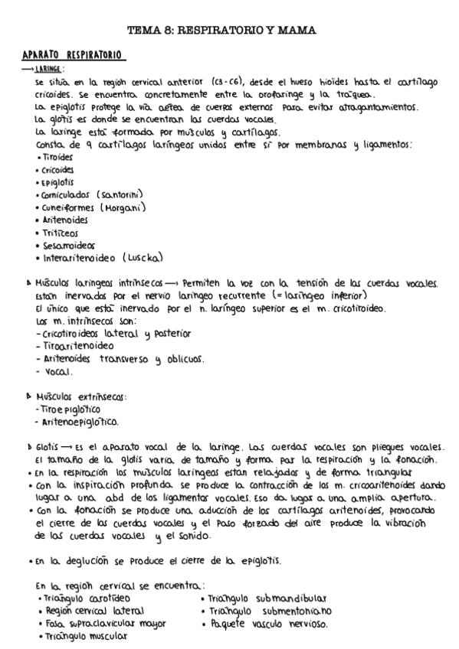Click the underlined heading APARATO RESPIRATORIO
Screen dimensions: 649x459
(x=74, y=57)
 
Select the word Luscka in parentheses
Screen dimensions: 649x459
(x=143, y=258)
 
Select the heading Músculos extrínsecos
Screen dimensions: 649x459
(x=80, y=396)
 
